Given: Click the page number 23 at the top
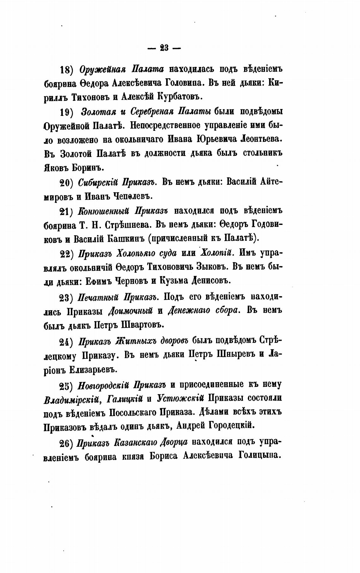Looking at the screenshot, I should [x=164, y=48].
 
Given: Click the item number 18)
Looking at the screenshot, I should [x=67, y=70].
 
